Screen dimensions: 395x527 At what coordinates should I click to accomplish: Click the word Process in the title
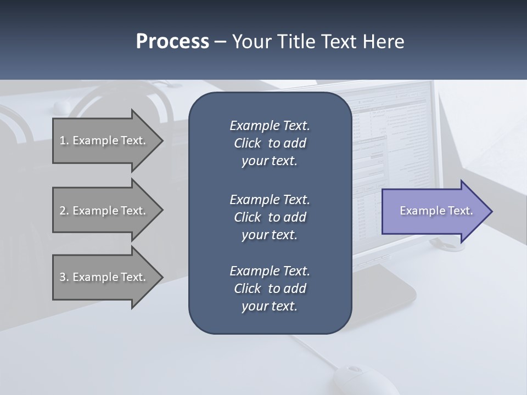172,42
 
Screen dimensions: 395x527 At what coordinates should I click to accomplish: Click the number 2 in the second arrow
63,211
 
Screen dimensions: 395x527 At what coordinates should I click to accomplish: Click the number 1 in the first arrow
63,140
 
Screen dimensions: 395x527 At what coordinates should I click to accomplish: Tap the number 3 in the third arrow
63,277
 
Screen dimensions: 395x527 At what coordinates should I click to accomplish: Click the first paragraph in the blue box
270,143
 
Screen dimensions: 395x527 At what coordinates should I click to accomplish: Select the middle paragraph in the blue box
270,217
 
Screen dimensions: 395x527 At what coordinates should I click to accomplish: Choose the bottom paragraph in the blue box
270,289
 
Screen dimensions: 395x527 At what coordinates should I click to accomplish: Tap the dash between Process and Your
220,42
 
